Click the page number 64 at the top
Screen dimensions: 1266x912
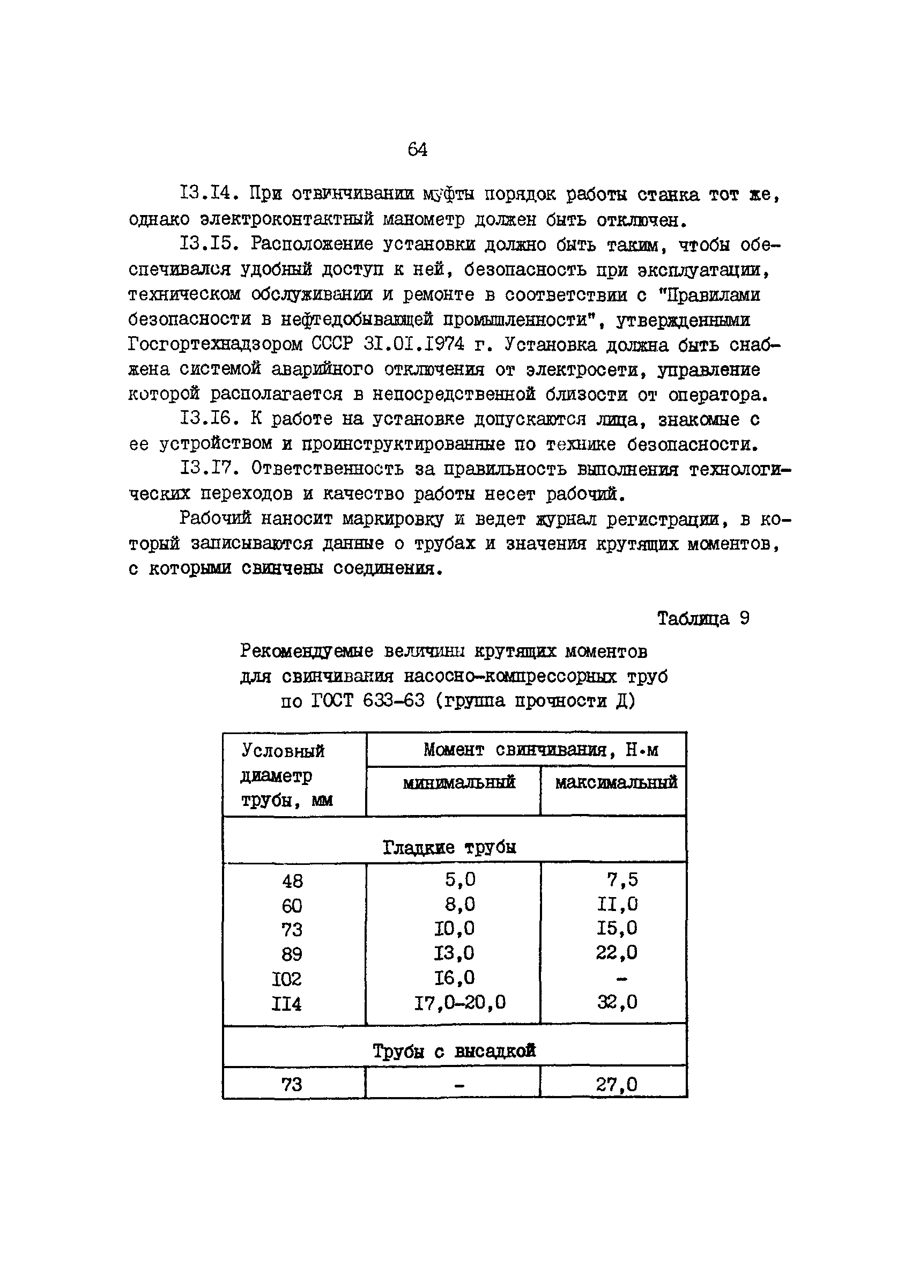coord(418,150)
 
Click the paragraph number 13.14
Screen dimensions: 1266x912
coord(205,194)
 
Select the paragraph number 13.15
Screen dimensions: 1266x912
coord(205,244)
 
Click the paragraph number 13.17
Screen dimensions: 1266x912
coord(205,469)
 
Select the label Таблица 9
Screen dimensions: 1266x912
coord(703,618)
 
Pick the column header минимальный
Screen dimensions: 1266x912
coord(459,782)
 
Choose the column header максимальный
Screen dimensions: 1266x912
coord(616,782)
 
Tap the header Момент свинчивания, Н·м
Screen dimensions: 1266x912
coord(540,749)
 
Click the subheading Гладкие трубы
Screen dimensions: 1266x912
coord(449,847)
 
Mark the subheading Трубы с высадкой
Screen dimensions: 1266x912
coord(454,1051)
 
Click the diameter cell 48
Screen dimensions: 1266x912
coord(292,882)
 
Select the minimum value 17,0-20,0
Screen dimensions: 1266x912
coord(460,1003)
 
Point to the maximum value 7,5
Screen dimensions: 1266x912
coord(622,880)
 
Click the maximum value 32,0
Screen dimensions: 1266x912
coord(617,1003)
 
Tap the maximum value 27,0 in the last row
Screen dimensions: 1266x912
coord(616,1084)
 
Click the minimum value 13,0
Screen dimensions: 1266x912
coord(454,953)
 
